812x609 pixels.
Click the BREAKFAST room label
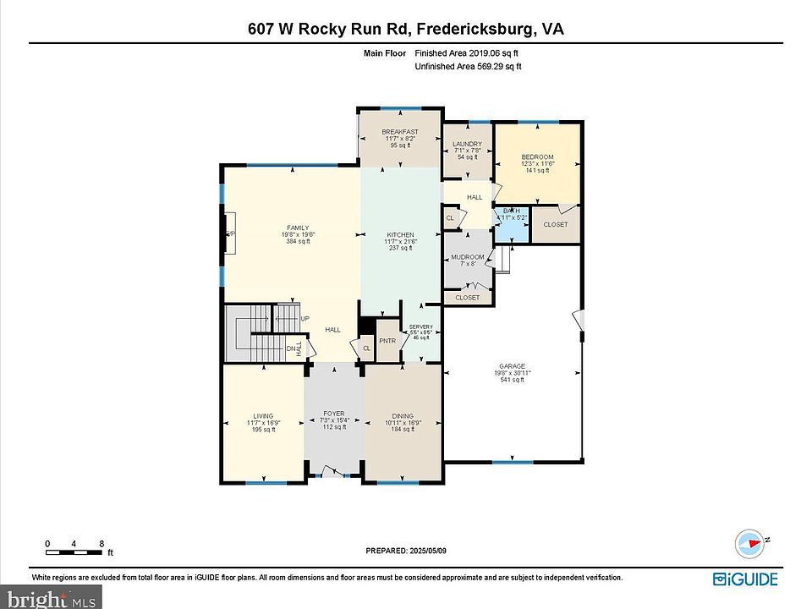(399, 132)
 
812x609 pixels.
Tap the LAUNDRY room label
(467, 145)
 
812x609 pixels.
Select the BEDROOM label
(537, 157)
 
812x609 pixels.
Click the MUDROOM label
(467, 257)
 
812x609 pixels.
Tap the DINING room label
(403, 416)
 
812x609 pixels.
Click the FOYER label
(334, 414)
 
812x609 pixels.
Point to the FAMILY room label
(297, 228)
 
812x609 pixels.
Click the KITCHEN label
(400, 234)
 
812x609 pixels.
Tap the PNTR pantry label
(387, 341)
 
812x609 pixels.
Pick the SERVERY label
(420, 327)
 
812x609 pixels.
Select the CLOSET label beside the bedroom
(556, 224)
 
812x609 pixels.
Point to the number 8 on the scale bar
(101, 544)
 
